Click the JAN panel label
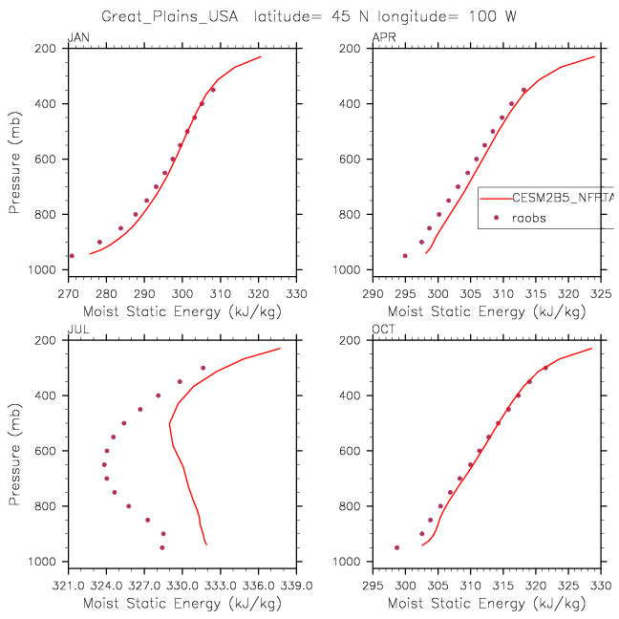76,38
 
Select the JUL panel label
75,331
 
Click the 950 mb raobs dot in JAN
72,256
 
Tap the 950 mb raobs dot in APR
405,256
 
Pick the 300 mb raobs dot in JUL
203,368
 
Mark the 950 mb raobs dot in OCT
397,547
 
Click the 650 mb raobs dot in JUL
104,464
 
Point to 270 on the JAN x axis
68,293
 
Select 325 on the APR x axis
595,293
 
